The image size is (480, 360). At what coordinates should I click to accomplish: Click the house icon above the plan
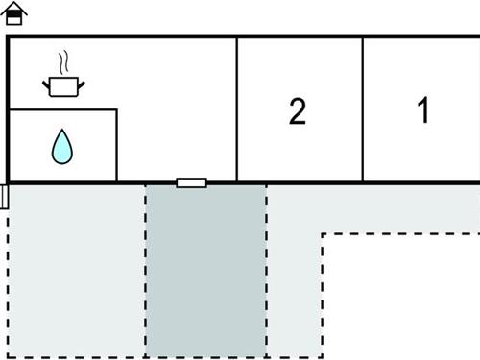click(17, 13)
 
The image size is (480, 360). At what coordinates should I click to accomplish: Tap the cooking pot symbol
click(63, 86)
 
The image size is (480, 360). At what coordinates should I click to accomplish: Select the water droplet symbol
click(62, 147)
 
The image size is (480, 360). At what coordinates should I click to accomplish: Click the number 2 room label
click(298, 111)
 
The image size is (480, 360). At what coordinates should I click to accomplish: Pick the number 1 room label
click(422, 110)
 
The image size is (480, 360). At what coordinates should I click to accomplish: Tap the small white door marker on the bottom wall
click(192, 181)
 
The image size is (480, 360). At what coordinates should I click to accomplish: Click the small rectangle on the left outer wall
click(5, 197)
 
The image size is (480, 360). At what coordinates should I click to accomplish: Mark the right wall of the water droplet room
click(117, 145)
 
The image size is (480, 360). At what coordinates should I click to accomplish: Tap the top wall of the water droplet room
click(63, 110)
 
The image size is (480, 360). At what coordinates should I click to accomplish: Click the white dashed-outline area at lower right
click(403, 298)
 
